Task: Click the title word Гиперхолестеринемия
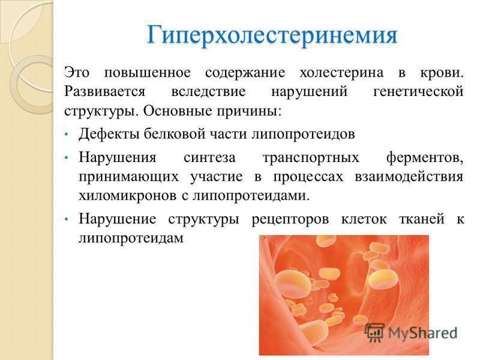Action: click(272, 34)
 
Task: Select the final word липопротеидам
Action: click(130, 238)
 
